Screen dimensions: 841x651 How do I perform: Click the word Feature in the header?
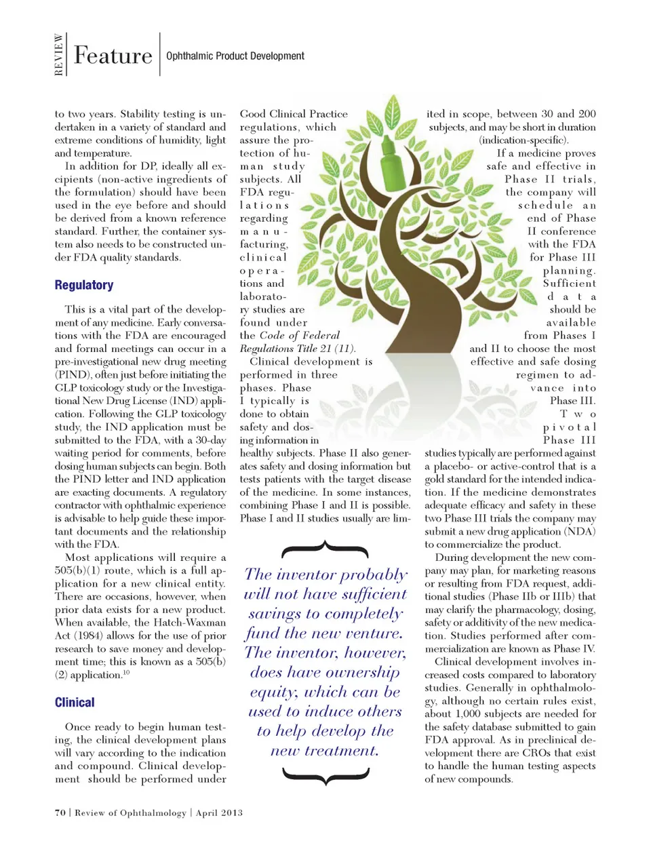pyautogui.click(x=113, y=56)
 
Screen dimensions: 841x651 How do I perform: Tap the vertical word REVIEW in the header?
pyautogui.click(x=59, y=55)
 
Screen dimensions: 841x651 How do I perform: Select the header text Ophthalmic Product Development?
pyautogui.click(x=235, y=56)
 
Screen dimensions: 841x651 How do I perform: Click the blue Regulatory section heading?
pyautogui.click(x=84, y=285)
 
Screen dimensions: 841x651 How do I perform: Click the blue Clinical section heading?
pyautogui.click(x=75, y=702)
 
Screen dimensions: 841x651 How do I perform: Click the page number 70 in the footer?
pyautogui.click(x=60, y=813)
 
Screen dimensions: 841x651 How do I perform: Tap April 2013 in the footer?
pyautogui.click(x=219, y=813)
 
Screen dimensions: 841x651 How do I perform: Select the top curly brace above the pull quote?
pyautogui.click(x=325, y=549)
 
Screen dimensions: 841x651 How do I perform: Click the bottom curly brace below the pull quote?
pyautogui.click(x=325, y=775)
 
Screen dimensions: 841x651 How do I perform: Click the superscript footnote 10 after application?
pyautogui.click(x=126, y=673)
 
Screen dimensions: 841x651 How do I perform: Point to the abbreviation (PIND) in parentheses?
pyautogui.click(x=73, y=374)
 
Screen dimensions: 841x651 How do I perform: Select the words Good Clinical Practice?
pyautogui.click(x=294, y=114)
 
